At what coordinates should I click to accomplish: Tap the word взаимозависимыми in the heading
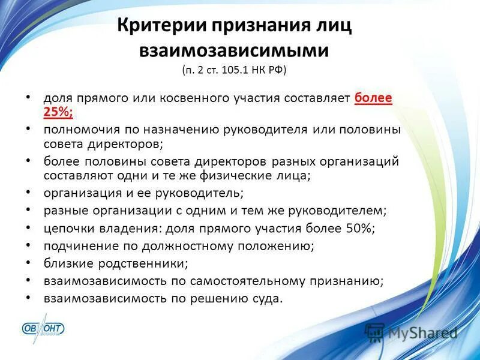[233, 50]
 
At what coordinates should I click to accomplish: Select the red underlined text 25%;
[58, 111]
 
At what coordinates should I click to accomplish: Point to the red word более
[373, 97]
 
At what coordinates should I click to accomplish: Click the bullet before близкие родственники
[29, 263]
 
